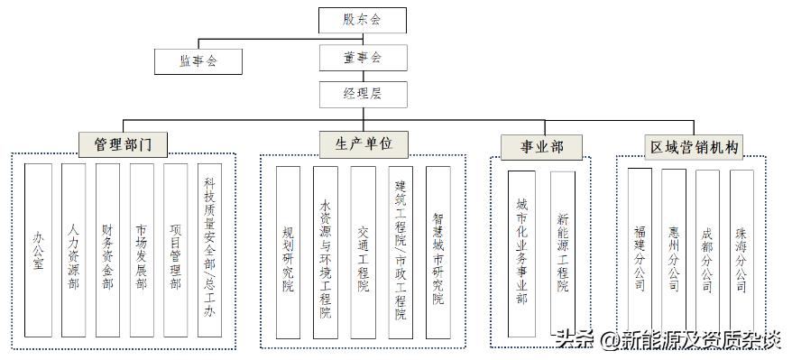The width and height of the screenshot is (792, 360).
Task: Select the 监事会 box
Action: pos(198,61)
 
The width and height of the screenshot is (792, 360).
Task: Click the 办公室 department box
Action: pos(38,251)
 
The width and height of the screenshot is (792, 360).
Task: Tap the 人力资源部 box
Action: pos(73,251)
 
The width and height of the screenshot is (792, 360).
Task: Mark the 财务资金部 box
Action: pos(107,251)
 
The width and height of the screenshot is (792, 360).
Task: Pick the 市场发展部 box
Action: pos(142,251)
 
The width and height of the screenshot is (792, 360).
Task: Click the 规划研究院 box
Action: pos(288,252)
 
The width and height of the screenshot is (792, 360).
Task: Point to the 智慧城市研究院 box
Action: pos(437,252)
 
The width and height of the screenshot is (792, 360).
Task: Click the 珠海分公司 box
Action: pos(741,255)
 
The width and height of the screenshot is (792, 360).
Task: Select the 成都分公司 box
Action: pos(708,255)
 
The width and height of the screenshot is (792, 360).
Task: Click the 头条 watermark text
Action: pos(572,340)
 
